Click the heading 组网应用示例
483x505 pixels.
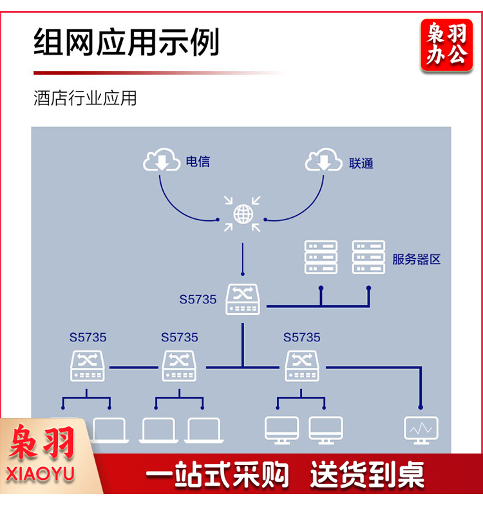click(x=126, y=42)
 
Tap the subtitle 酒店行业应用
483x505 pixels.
click(x=85, y=99)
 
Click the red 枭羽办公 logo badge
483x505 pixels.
click(x=446, y=44)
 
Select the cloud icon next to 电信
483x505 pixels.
click(x=162, y=160)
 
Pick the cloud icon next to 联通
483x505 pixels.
click(x=323, y=160)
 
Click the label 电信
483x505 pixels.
click(x=198, y=161)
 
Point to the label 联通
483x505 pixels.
click(x=361, y=163)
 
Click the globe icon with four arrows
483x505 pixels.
click(x=243, y=214)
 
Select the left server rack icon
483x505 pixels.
click(x=321, y=257)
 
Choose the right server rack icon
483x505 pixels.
click(x=368, y=257)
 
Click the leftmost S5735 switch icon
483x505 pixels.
click(x=88, y=366)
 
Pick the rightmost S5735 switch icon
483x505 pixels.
click(x=302, y=366)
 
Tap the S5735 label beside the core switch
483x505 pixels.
click(x=198, y=300)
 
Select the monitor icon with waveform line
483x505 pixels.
click(x=421, y=429)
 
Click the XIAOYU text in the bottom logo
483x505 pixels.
click(x=41, y=475)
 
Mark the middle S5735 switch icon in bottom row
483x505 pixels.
click(x=179, y=366)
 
